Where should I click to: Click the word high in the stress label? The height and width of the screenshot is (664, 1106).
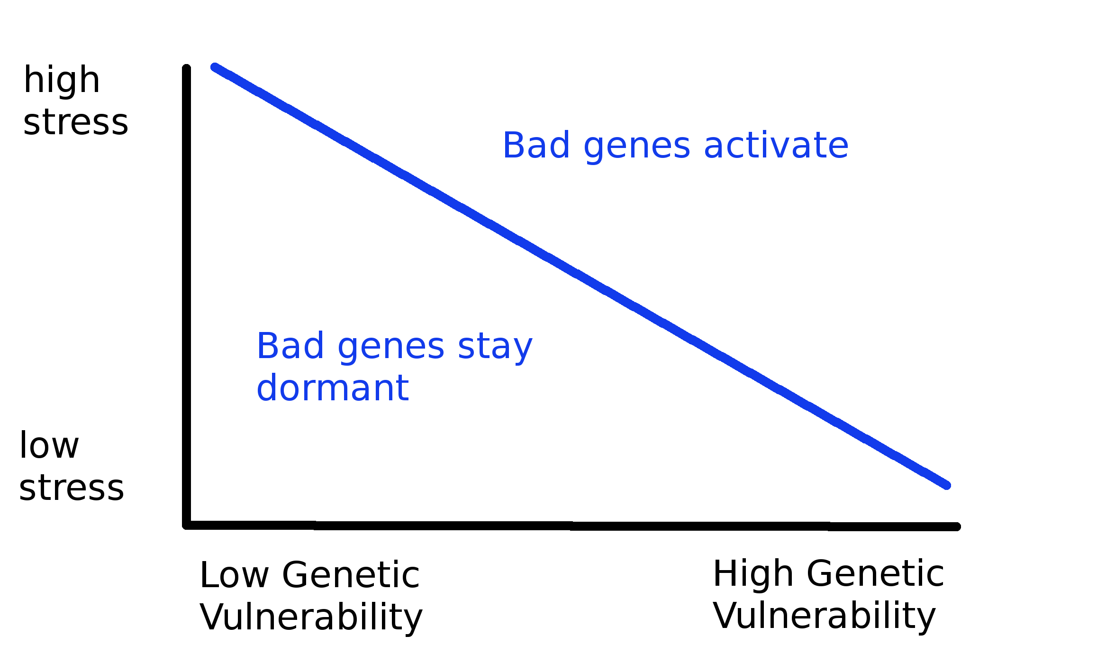click(x=62, y=81)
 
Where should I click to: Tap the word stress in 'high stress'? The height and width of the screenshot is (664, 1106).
click(x=76, y=122)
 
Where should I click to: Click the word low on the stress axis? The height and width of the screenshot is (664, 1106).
click(x=49, y=446)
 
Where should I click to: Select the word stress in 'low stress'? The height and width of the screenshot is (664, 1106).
click(x=72, y=488)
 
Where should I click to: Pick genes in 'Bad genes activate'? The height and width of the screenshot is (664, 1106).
click(x=637, y=147)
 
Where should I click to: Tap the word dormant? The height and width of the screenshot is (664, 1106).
click(x=333, y=388)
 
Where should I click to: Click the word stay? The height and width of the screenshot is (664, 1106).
click(x=495, y=347)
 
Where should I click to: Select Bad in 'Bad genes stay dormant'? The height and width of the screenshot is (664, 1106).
click(x=290, y=346)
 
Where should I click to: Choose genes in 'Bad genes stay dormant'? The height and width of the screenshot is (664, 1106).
click(x=391, y=348)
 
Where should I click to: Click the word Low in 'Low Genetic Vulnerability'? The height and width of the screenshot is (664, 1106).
click(x=234, y=575)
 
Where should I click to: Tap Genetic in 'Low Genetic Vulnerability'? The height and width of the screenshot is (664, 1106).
click(x=351, y=575)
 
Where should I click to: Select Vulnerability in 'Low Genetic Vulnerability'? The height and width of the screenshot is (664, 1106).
click(x=311, y=617)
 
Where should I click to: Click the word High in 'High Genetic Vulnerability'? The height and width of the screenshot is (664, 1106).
click(x=753, y=574)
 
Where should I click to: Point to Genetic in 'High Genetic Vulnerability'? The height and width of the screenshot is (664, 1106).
click(x=875, y=574)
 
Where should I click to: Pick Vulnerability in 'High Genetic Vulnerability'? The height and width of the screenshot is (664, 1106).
click(x=825, y=616)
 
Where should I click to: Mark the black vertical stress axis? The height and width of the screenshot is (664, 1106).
click(x=187, y=294)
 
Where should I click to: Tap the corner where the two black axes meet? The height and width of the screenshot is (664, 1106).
click(x=187, y=525)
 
